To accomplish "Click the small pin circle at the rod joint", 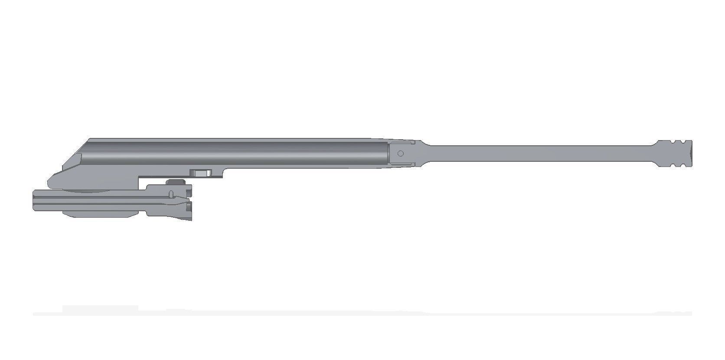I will (401, 153).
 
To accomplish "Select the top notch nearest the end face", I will (679, 142).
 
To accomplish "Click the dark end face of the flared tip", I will (691, 153).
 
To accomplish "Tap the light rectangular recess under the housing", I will (201, 173).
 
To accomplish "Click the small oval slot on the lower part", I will (171, 193).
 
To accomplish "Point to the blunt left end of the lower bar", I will (34, 200).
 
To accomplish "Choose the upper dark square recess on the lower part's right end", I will (189, 188).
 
